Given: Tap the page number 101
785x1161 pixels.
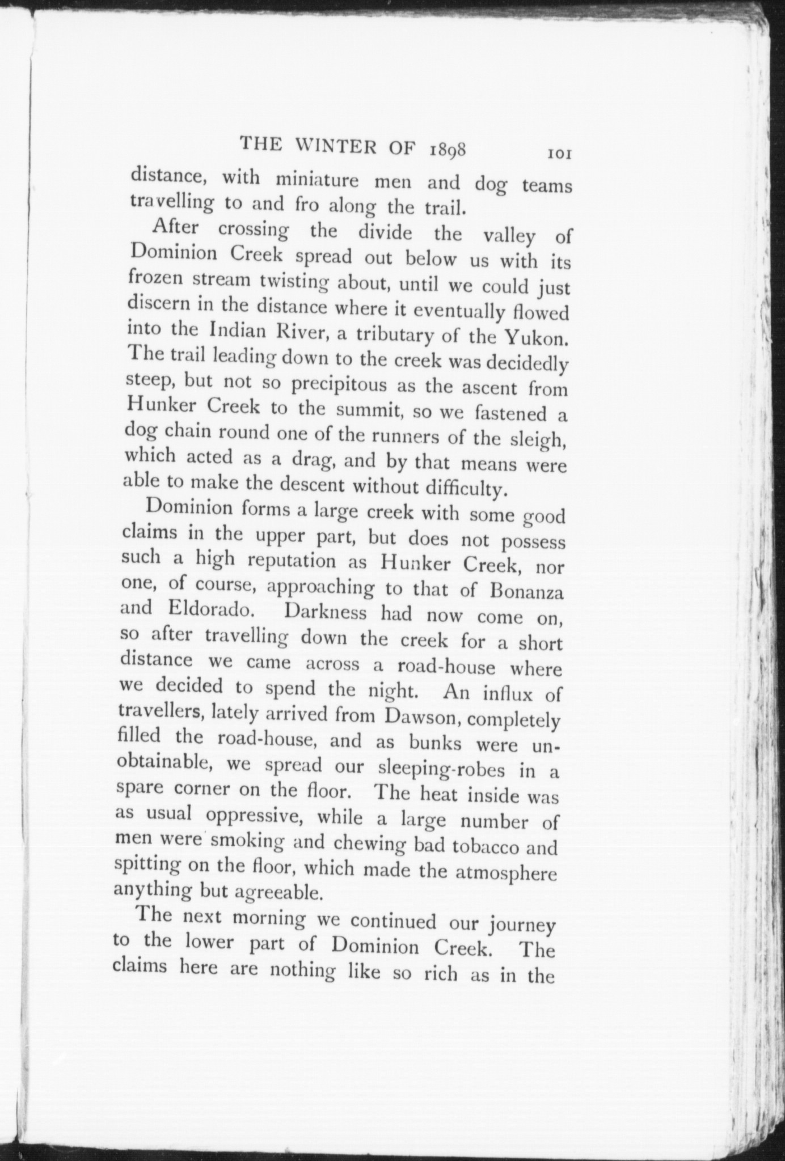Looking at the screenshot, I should pos(559,154).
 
